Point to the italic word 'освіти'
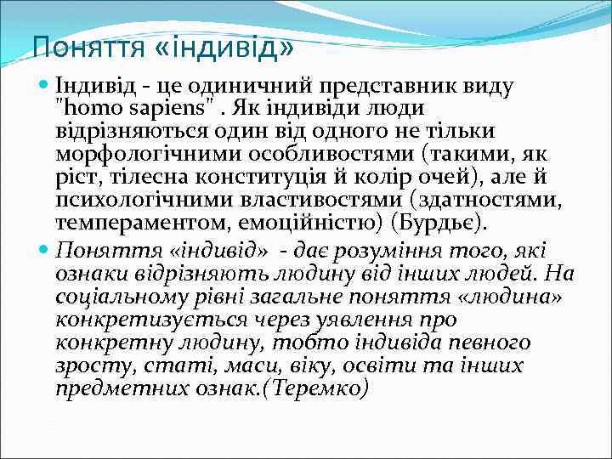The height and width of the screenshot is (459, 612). pos(399,365)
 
